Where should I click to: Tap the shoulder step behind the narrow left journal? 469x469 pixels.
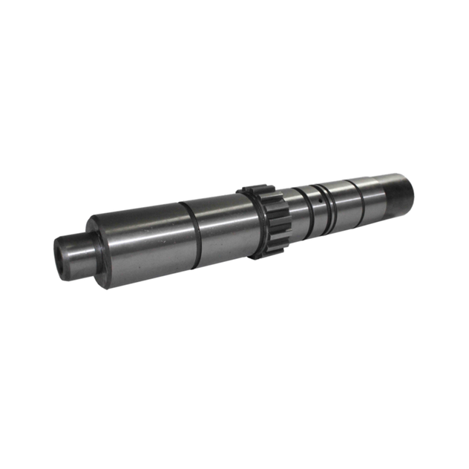point(94,245)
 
